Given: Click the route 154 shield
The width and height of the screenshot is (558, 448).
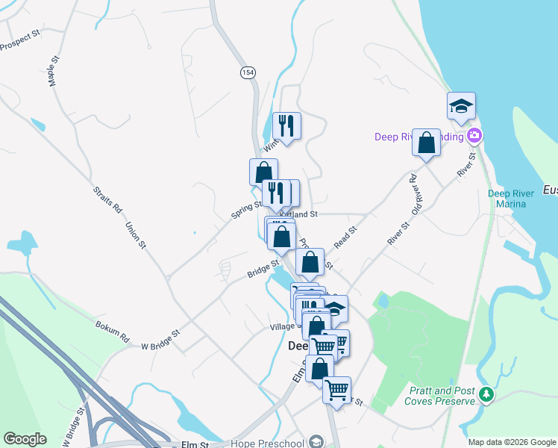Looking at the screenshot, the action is click(248, 72).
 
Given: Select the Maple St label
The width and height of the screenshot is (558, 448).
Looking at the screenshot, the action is click(53, 70).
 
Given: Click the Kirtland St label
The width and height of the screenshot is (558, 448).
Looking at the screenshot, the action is click(300, 214).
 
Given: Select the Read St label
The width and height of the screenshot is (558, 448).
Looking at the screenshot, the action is click(346, 237).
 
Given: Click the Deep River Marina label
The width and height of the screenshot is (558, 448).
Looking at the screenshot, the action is click(511, 199).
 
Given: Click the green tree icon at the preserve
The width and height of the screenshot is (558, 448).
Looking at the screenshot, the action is click(486, 393).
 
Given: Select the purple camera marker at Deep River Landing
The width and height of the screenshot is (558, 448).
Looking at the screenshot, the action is click(474, 136).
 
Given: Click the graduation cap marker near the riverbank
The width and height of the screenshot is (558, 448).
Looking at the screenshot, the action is click(461, 106).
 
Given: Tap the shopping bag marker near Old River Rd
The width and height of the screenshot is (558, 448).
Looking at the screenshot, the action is click(426, 142).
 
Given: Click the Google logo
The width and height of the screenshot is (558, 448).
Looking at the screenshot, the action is click(25, 439).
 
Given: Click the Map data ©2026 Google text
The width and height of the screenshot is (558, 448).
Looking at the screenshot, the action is click(512, 442).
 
